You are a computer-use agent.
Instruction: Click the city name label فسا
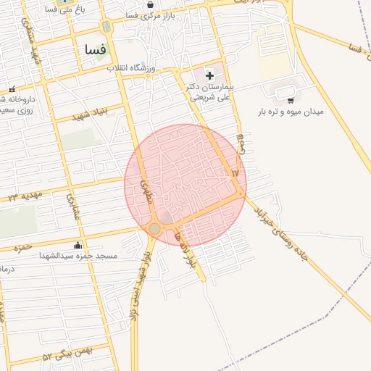pyautogui.click(x=95, y=50)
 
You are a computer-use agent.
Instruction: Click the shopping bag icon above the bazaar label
pyautogui.click(x=150, y=4)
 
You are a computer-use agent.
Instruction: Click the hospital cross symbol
pyautogui.click(x=209, y=75)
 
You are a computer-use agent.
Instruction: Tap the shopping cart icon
pyautogui.click(x=291, y=100)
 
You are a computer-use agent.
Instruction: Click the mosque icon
pyautogui.click(x=78, y=245)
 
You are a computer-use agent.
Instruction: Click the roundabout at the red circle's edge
pyautogui.click(x=154, y=229)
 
